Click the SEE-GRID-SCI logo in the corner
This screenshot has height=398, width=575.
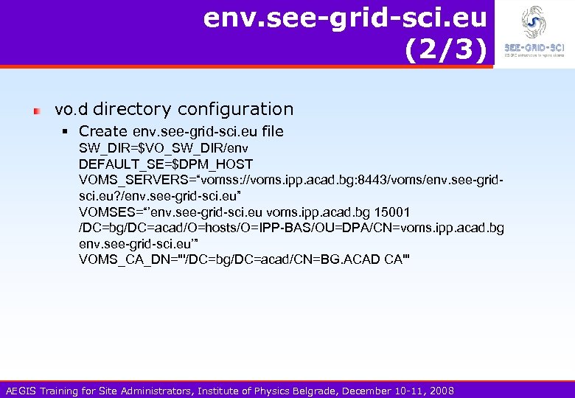pyautogui.click(x=534, y=32)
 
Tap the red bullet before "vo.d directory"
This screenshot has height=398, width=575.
pyautogui.click(x=36, y=111)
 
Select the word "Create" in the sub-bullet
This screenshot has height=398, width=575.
pyautogui.click(x=102, y=131)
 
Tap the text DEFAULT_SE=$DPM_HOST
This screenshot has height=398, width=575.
pyautogui.click(x=166, y=164)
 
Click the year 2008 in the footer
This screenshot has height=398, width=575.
pyautogui.click(x=441, y=390)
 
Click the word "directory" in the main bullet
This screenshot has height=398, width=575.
pyautogui.click(x=131, y=109)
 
